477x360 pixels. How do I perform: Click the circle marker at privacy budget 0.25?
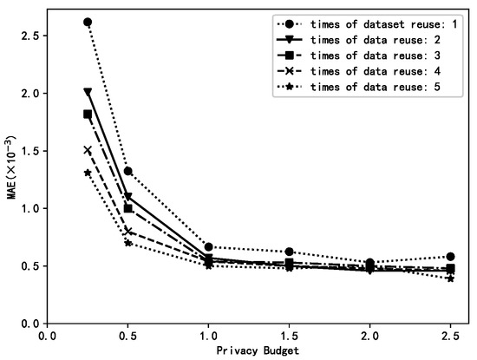88,22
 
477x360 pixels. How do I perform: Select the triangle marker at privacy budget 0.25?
88,91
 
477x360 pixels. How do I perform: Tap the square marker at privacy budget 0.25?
88,114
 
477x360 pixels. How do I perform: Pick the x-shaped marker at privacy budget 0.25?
88,150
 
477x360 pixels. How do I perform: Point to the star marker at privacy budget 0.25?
88,173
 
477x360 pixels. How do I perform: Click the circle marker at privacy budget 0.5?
129,171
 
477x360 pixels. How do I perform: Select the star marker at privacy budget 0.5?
129,243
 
